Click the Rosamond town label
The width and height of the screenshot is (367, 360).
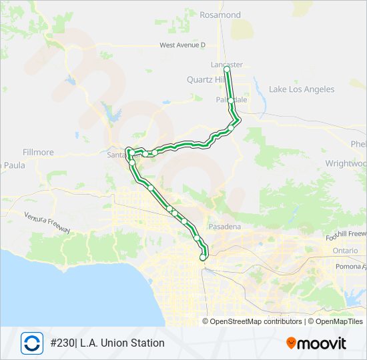click(220, 15)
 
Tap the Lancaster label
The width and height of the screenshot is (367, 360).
click(226, 65)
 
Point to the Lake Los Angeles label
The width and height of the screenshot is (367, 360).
click(302, 89)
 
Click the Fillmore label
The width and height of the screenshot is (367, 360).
click(38, 152)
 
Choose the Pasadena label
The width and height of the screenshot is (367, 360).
click(224, 227)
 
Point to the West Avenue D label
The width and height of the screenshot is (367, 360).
click(182, 45)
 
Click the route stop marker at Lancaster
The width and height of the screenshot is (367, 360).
click(227, 69)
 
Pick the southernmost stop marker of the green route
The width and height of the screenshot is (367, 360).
click(203, 257)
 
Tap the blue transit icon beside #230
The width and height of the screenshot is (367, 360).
click(32, 343)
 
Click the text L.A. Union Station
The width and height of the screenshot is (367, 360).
click(123, 343)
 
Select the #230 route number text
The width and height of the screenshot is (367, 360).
click(64, 343)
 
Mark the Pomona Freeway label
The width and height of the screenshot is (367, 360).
click(349, 267)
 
